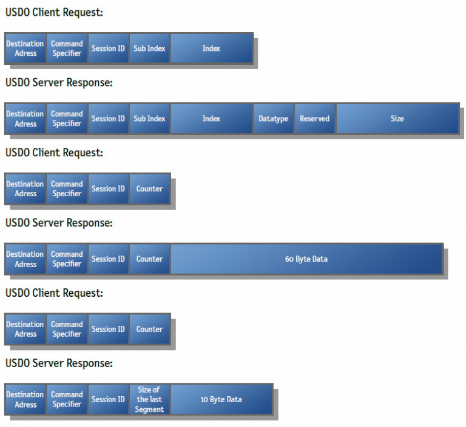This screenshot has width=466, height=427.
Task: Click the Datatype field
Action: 273,119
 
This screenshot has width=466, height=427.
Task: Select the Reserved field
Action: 314,119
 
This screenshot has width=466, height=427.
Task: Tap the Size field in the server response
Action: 397,119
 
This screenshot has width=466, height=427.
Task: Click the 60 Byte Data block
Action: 306,259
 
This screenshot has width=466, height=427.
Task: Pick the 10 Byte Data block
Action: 221,400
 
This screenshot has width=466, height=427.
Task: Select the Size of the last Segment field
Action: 149,400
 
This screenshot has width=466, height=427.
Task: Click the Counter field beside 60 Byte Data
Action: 149,259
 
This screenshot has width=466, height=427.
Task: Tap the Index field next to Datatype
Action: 211,119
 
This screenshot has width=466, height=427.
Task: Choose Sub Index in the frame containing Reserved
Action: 149,119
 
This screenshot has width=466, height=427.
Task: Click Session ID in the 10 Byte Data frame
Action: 108,400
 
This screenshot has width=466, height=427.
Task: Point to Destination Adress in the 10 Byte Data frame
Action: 25,400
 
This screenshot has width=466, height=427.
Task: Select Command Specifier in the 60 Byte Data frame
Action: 67,259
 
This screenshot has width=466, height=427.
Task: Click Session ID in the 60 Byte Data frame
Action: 108,259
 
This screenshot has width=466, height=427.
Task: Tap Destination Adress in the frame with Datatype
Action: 25,119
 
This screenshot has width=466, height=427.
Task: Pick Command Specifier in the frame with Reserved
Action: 67,119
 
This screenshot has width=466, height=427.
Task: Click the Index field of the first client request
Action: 211,48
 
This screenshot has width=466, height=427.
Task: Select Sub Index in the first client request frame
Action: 149,48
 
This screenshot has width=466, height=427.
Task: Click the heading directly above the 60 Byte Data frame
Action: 59,223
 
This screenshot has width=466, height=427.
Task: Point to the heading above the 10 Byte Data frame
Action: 59,363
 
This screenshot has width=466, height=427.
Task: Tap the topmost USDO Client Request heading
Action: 54,12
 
